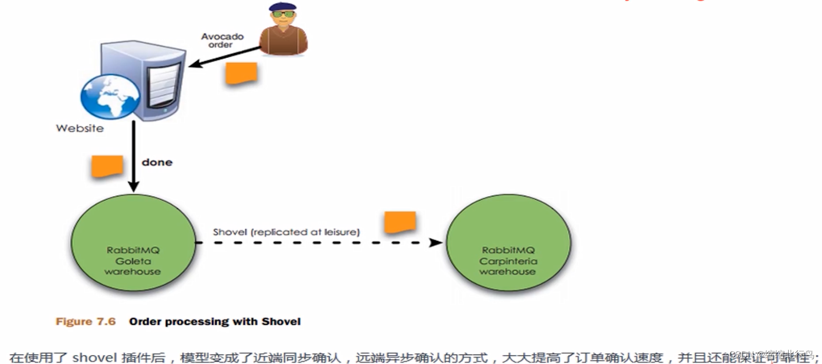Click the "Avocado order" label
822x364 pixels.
click(222, 40)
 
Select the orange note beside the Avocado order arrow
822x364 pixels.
click(241, 73)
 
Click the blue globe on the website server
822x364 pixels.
click(110, 96)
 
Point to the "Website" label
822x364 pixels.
click(80, 128)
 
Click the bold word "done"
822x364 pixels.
click(157, 162)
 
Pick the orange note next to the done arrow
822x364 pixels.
click(107, 166)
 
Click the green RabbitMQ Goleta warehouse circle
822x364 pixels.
click(133, 243)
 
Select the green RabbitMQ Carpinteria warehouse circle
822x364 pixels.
click(508, 243)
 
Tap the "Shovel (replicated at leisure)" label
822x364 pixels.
click(286, 232)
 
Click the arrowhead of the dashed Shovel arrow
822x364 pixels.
click(436, 243)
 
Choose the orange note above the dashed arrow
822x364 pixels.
click(400, 222)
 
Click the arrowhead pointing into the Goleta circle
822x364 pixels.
click(134, 187)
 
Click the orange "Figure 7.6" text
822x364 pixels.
click(85, 321)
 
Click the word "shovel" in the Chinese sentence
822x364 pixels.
click(94, 357)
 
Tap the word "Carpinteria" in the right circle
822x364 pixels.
click(508, 261)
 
